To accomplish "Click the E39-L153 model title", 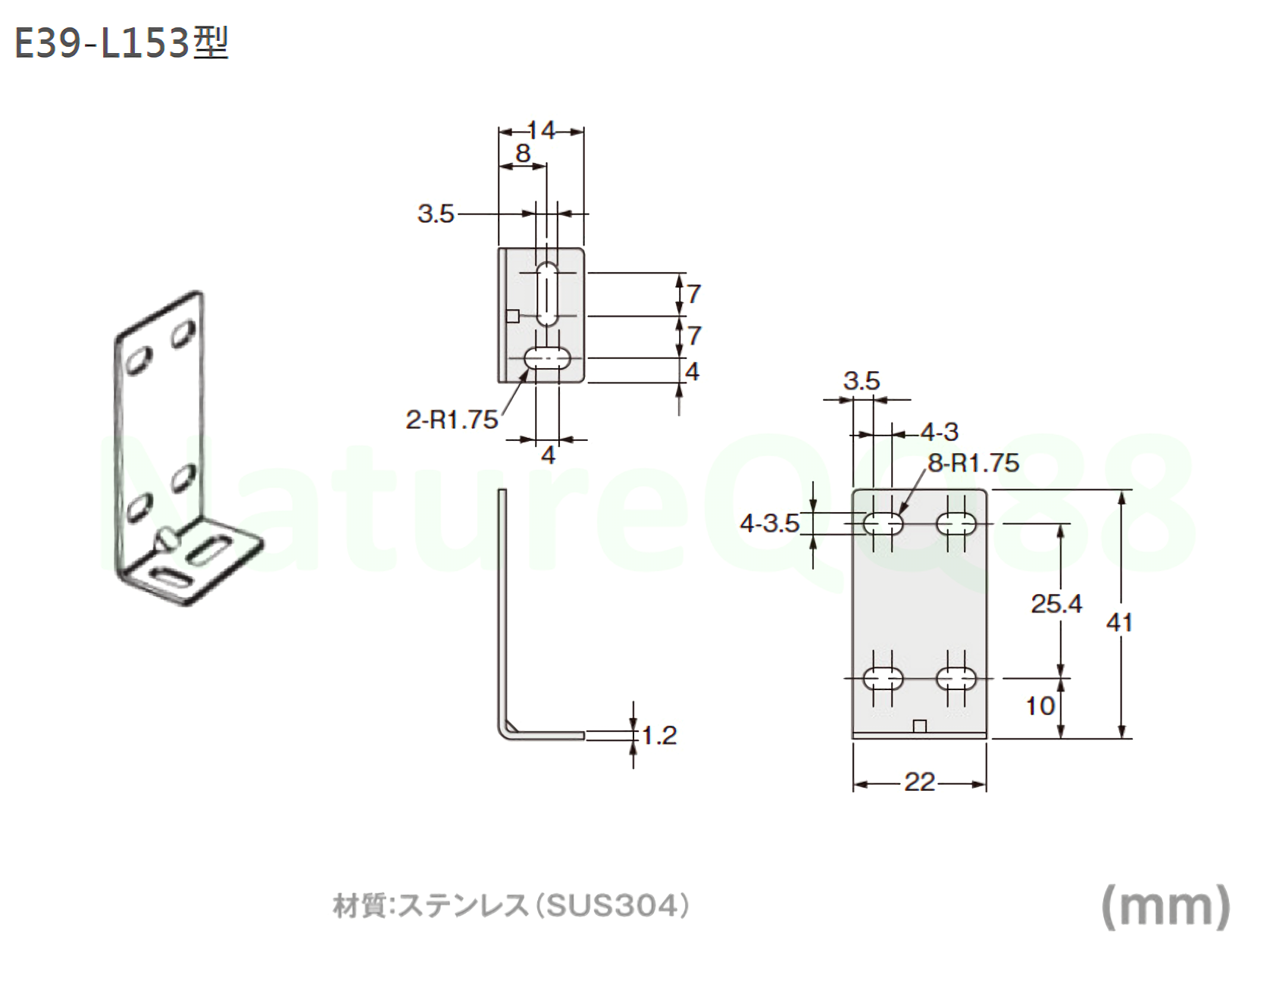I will tap(121, 43).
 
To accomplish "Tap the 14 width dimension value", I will tap(541, 131).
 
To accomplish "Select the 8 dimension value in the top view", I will tap(523, 154).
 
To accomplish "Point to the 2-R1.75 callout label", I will tap(452, 419).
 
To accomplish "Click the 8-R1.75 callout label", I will tap(974, 463).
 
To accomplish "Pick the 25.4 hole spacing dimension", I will tap(1056, 604).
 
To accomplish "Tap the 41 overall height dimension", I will tap(1119, 623).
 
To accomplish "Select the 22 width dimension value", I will tap(919, 782).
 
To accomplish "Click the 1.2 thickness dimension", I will tap(659, 735).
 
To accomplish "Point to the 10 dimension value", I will tap(1040, 706).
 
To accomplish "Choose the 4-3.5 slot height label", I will tap(770, 523).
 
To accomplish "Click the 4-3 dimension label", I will tap(940, 433).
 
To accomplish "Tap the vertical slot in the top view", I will tap(547, 295).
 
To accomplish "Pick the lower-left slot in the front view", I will tap(884, 677).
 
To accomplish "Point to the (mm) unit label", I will tap(1165, 906).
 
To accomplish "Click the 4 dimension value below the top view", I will tap(548, 455).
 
